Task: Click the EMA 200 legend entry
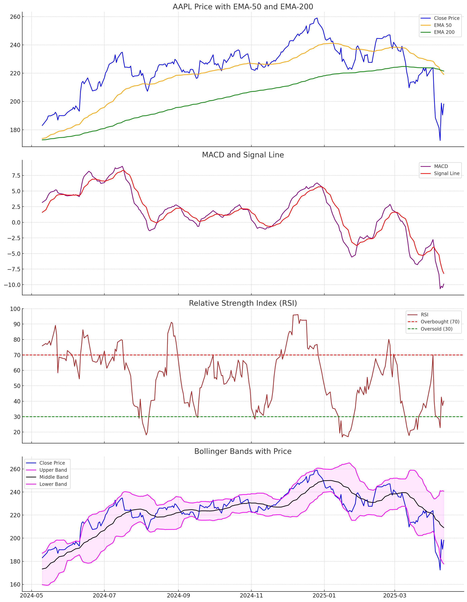pos(444,32)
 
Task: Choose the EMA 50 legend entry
pos(442,25)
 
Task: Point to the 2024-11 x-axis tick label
pos(251,595)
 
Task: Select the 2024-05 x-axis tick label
pos(31,595)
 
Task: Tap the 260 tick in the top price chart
pos(15,17)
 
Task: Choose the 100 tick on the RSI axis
pos(15,309)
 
